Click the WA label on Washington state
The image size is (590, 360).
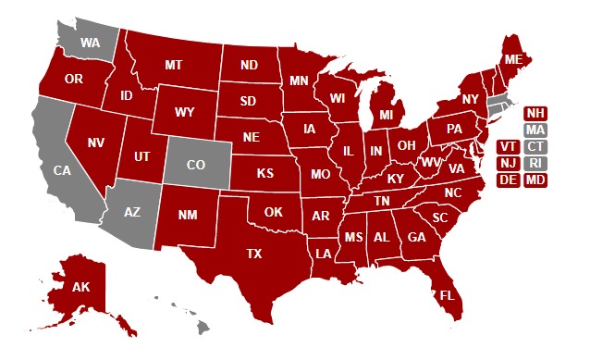[x=90, y=43]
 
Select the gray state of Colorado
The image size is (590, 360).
[x=196, y=165]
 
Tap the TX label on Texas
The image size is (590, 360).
[x=253, y=253]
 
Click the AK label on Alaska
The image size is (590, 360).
[x=80, y=287]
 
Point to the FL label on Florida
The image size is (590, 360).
[x=448, y=295]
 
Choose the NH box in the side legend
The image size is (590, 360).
[x=535, y=113]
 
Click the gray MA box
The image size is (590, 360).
[x=535, y=130]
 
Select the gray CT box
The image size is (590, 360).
[x=535, y=146]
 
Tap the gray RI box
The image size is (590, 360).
[x=535, y=163]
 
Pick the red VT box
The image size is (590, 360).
[x=508, y=146]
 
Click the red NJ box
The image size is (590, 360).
[x=508, y=163]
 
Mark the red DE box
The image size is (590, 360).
[x=508, y=180]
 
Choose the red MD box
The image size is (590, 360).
[x=535, y=180]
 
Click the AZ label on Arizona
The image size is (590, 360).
[x=132, y=212]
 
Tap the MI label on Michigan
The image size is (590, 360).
[x=387, y=115]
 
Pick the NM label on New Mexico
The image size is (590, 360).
[x=187, y=215]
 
